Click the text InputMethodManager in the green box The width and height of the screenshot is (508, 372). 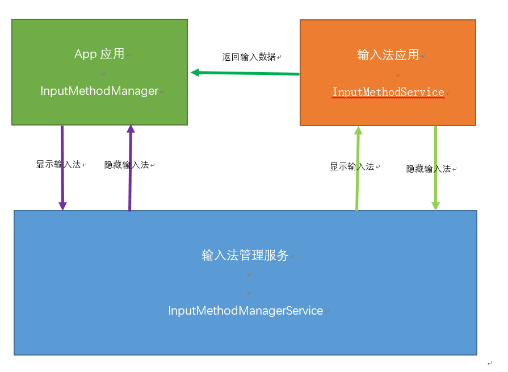click(99, 91)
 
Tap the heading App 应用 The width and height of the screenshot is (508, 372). click(99, 54)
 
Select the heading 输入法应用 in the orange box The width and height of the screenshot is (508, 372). click(388, 55)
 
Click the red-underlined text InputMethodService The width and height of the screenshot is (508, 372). click(388, 92)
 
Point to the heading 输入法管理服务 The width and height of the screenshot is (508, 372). click(245, 255)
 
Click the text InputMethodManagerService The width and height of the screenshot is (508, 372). click(245, 311)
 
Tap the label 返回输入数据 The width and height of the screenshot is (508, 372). click(249, 57)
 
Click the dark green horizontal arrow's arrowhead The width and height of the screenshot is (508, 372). click(195, 72)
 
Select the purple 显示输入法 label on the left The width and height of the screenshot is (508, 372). click(58, 164)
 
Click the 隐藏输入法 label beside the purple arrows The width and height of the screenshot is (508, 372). click(127, 165)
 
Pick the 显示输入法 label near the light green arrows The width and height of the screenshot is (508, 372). click(352, 166)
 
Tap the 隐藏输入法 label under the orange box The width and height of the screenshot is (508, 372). click(429, 169)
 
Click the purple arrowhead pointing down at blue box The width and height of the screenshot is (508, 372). click(63, 206)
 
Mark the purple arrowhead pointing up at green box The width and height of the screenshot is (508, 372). click(131, 129)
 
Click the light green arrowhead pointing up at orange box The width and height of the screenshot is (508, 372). click(358, 131)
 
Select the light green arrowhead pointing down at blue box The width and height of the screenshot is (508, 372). click(435, 206)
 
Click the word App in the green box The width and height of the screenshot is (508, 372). click(86, 54)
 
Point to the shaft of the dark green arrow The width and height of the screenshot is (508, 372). click(250, 73)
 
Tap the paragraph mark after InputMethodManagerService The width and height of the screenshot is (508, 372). click(327, 312)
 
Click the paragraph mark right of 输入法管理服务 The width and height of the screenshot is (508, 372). click(293, 257)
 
